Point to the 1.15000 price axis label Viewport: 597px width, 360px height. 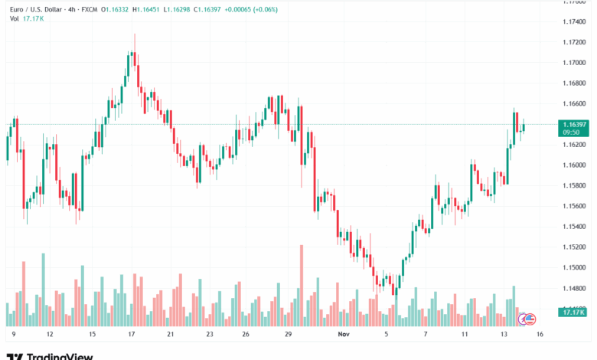point(573,268)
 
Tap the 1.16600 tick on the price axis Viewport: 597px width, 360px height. point(573,103)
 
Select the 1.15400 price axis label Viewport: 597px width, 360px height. point(573,227)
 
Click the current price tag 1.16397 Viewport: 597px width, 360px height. point(573,124)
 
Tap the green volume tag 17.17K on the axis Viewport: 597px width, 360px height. point(573,313)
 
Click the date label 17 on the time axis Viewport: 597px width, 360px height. point(132,335)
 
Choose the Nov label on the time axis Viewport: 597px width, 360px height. point(342,335)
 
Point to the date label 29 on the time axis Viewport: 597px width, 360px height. point(288,335)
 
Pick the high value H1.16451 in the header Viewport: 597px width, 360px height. point(148,8)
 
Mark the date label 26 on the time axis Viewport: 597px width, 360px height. point(246,335)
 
